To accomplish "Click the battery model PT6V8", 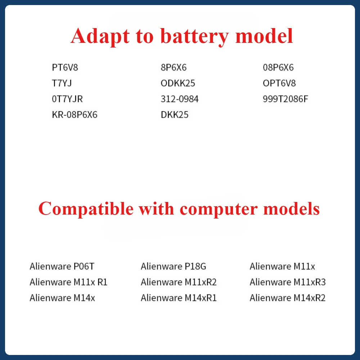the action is click(65, 68).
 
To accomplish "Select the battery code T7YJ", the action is click(62, 83).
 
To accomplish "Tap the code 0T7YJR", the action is click(67, 99).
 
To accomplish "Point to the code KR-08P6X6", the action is click(75, 114).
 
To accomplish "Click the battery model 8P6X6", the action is click(174, 68).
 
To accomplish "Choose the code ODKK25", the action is click(178, 83).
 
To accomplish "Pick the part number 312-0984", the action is click(180, 99).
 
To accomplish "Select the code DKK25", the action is click(175, 114).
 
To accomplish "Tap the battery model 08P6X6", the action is click(278, 68).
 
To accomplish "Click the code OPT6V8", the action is click(279, 83).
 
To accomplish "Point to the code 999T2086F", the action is click(285, 99).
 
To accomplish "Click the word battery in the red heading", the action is click(195, 37).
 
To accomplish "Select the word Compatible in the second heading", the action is click(86, 209).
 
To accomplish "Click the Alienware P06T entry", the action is click(62, 266).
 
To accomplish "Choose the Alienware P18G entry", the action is click(174, 266).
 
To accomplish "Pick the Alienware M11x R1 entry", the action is click(69, 282).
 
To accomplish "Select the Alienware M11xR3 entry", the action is click(288, 282).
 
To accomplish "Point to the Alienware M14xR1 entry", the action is click(179, 298).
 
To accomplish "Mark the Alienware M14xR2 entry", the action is click(288, 298).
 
